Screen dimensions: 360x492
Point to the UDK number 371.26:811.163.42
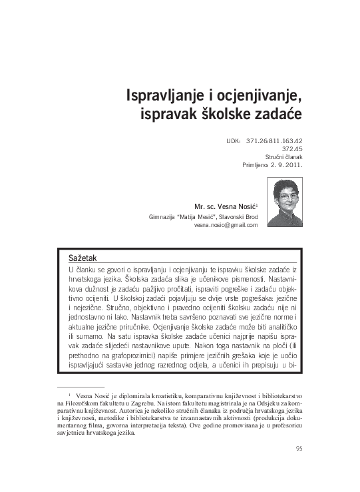(274, 142)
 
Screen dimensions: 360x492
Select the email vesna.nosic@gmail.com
(226, 225)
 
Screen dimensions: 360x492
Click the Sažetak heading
(83, 257)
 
